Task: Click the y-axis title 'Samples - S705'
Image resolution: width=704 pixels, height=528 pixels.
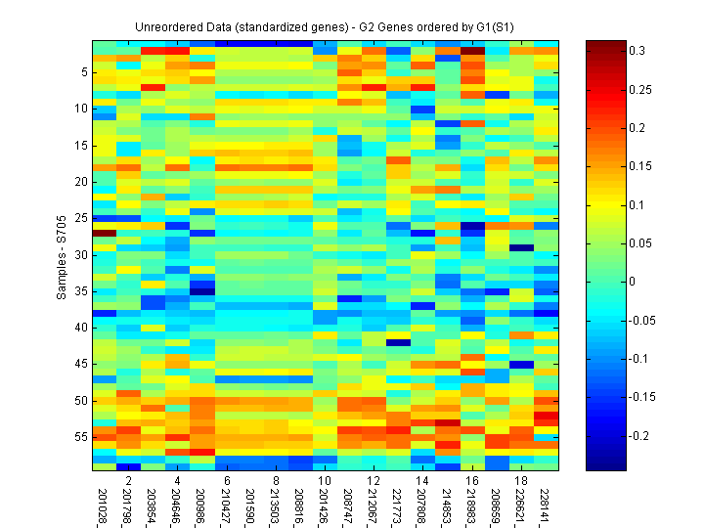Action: point(61,256)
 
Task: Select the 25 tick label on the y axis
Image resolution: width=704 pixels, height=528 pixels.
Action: point(82,218)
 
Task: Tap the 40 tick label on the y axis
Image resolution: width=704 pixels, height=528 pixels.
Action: point(82,328)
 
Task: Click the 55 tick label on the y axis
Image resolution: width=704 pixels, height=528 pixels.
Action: point(82,437)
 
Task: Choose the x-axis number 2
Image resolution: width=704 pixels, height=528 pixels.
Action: point(129,481)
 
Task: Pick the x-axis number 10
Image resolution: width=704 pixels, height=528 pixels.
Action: point(326,481)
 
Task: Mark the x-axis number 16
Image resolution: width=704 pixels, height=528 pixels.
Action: point(473,481)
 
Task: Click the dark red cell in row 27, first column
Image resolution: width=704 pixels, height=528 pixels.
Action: point(105,233)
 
